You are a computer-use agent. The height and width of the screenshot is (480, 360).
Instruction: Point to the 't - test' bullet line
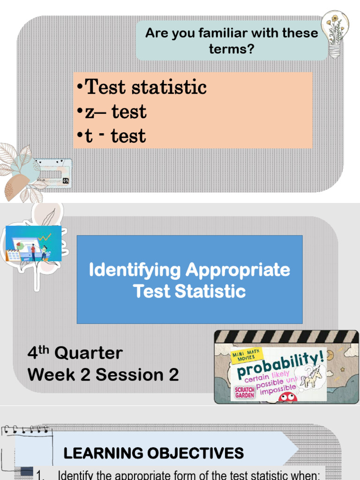111,136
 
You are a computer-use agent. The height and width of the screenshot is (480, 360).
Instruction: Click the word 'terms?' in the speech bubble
232,48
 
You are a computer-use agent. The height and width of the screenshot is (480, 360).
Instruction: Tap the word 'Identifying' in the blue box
135,270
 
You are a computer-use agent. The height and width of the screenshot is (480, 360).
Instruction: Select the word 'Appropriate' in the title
238,270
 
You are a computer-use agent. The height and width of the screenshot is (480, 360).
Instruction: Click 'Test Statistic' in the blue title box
189,291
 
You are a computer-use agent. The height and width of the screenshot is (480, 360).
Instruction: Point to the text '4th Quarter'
75,353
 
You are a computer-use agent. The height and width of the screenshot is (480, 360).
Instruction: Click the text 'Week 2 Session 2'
103,375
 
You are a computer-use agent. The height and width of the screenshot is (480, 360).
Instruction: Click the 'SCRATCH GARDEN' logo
243,391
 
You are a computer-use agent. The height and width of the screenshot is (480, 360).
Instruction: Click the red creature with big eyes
287,397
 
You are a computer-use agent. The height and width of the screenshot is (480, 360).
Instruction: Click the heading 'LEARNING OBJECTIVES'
154,453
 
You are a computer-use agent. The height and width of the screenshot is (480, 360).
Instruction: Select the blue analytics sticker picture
33,243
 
